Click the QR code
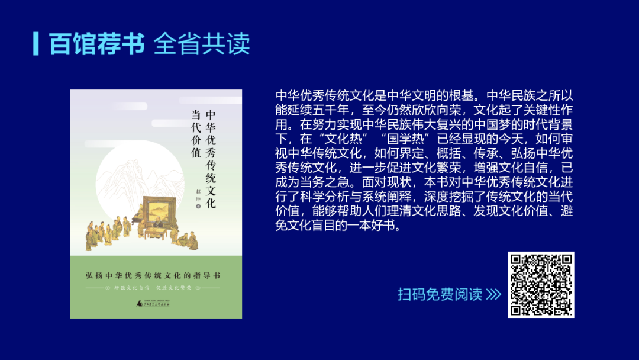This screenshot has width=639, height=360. [x=541, y=284]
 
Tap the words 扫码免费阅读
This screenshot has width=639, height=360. [x=440, y=294]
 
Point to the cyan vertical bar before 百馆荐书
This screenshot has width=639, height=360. [x=36, y=43]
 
